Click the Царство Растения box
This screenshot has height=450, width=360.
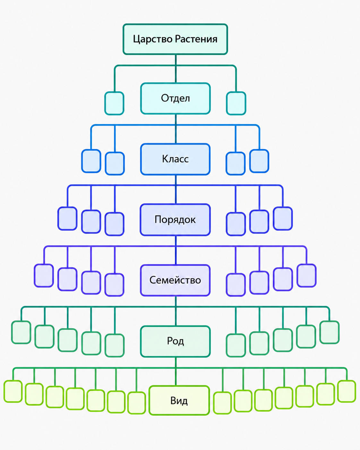pos(175,39)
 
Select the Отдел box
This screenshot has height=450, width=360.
pos(176,99)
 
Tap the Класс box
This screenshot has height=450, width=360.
pos(176,159)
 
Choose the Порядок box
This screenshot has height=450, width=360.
pos(175,220)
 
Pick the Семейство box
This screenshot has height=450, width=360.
pos(175,280)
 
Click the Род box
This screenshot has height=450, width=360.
pos(175,341)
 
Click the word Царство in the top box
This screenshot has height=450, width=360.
pos(153,39)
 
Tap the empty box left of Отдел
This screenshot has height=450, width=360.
pos(114,103)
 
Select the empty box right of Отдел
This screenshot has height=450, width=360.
pos(236,103)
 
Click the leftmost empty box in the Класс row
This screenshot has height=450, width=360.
pos(91,161)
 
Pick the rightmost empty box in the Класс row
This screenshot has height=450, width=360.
pos(259,161)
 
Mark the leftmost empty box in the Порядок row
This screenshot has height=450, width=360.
pos(67,219)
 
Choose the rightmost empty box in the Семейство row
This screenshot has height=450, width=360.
pos(306,276)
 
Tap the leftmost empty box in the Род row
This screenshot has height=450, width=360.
pos(21,332)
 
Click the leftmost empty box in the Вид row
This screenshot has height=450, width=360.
pos(13,392)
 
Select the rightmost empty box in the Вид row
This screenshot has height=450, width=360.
pos(347,392)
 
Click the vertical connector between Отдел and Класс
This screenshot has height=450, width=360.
pos(176,129)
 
